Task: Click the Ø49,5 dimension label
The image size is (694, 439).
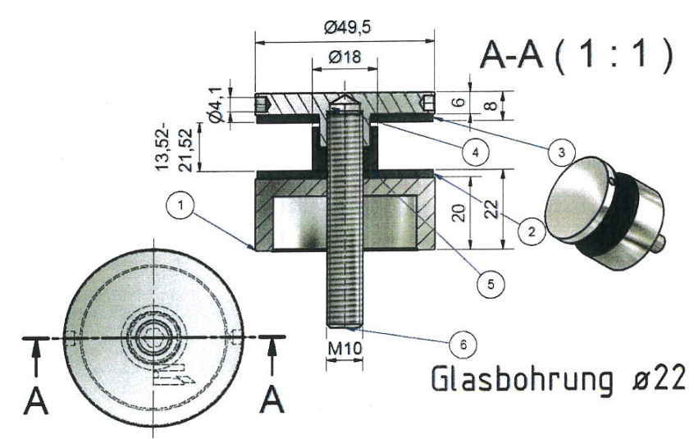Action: tap(347, 28)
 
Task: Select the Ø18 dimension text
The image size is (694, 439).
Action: tap(345, 56)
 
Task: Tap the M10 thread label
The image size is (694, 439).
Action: tap(345, 348)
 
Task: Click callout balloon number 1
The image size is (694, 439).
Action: tap(180, 205)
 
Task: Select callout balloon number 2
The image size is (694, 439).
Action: tap(531, 231)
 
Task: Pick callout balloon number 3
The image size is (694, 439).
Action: tap(561, 153)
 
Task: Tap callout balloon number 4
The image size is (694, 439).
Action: tap(476, 153)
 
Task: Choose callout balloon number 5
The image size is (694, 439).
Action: tap(491, 284)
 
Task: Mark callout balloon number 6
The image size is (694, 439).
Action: tap(463, 344)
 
